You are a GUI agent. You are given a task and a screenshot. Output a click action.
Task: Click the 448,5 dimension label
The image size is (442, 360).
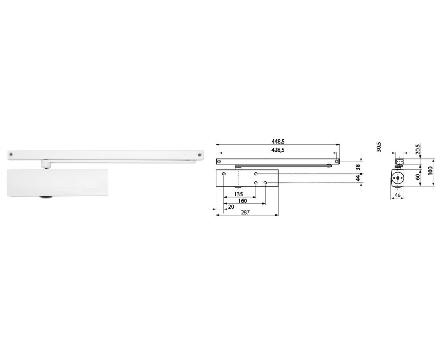click(x=277, y=141)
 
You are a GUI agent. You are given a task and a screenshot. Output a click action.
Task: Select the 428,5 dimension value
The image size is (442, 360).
click(x=277, y=150)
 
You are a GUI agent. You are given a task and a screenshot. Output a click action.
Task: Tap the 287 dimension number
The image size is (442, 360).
click(x=245, y=212)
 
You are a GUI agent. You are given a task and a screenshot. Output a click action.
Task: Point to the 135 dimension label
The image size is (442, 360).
click(x=239, y=194)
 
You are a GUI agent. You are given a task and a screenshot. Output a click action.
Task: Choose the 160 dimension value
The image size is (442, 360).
click(x=242, y=201)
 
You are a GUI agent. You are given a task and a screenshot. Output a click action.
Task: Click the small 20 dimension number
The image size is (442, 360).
click(x=231, y=207)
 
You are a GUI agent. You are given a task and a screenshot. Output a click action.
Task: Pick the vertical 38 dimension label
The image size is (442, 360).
click(x=358, y=167)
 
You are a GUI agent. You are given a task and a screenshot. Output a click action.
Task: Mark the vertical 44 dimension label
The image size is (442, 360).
click(x=358, y=178)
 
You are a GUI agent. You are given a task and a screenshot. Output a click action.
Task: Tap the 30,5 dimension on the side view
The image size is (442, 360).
click(x=379, y=147)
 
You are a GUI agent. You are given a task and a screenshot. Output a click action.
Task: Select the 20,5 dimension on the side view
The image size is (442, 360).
click(x=418, y=149)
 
